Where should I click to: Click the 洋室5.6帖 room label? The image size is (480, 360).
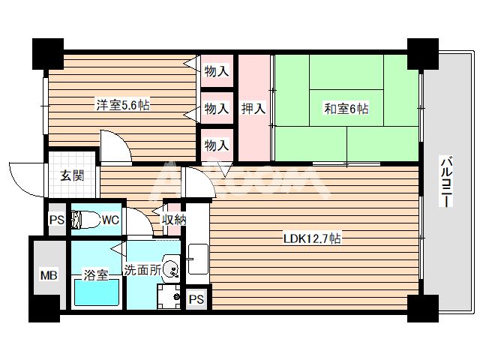[121, 106]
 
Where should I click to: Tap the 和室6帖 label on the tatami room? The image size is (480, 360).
[345, 109]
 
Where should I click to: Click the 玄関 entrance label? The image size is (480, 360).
[72, 176]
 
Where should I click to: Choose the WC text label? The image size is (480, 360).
[109, 220]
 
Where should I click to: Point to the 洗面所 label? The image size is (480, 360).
[142, 269]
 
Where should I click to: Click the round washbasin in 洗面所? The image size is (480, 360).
[172, 267]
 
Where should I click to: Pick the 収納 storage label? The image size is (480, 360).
[174, 220]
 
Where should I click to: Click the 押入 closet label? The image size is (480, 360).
[253, 109]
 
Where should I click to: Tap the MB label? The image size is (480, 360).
[49, 276]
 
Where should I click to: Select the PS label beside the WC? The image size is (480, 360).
[56, 220]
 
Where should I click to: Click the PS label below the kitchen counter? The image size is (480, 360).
[196, 299]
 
